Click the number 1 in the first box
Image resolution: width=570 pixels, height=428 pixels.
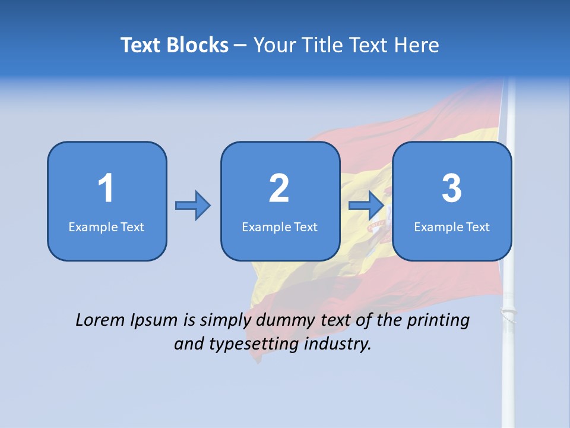(x=106, y=188)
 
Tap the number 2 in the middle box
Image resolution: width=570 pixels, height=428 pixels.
(x=279, y=188)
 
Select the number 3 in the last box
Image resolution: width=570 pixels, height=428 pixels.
(x=452, y=188)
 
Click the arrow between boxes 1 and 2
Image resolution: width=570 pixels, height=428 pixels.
(x=193, y=206)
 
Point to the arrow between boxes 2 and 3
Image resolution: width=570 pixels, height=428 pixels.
(x=366, y=206)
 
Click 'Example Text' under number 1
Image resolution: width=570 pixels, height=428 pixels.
(x=106, y=226)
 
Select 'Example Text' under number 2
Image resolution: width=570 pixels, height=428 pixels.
(x=280, y=226)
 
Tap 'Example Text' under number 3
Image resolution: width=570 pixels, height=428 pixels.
(x=452, y=226)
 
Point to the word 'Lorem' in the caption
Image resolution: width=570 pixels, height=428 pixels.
(x=100, y=320)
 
